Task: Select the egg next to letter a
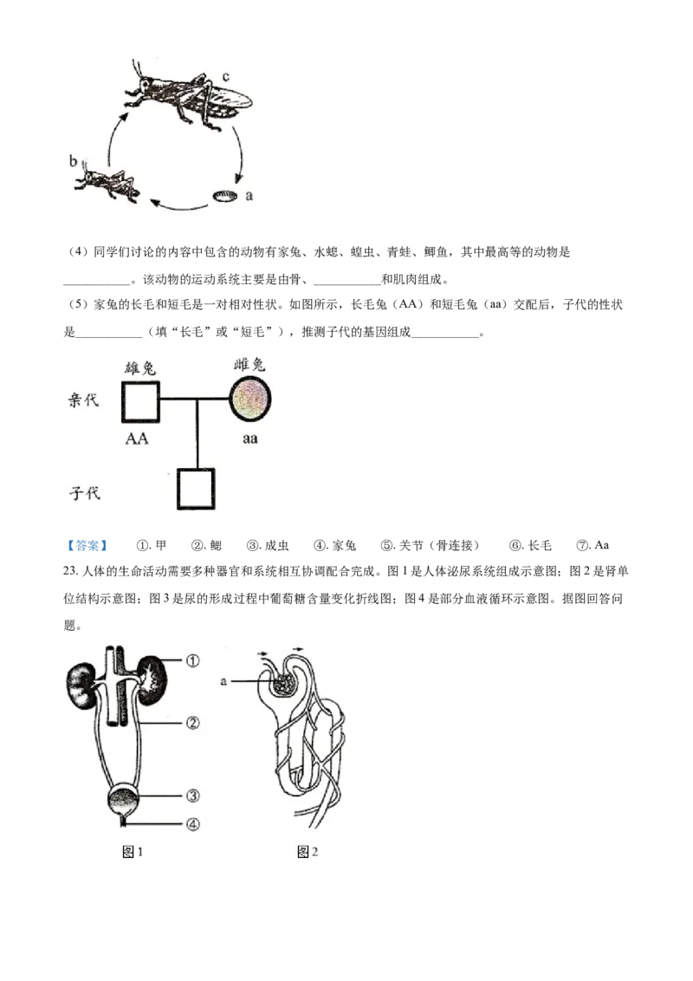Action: point(225,197)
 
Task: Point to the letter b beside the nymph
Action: point(73,161)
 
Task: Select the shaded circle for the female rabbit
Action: point(250,400)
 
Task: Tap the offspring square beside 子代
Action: point(196,489)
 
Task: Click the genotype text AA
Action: point(137,439)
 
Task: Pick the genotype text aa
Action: point(249,439)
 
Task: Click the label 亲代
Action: point(84,400)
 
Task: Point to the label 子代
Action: point(84,494)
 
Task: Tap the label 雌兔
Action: point(250,364)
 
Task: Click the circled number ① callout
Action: point(192,660)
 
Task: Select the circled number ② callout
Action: point(192,721)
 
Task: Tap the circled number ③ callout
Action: point(192,796)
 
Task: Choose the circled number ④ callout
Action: point(192,824)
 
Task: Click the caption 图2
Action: point(308,852)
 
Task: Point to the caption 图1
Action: point(133,852)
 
